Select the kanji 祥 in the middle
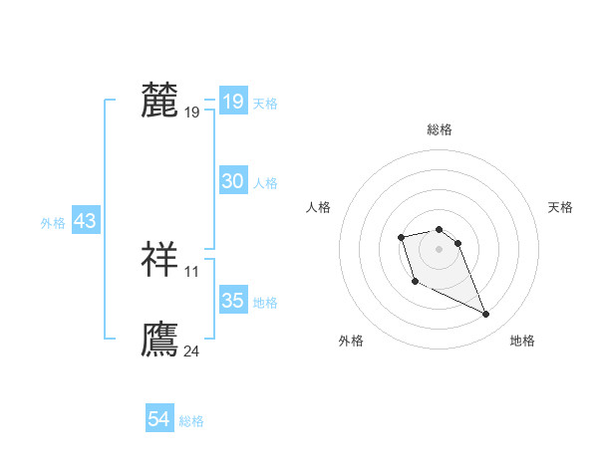159,259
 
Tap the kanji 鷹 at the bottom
159,339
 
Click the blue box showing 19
233,102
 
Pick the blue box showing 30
233,181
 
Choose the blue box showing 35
233,301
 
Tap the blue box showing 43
85,221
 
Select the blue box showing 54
159,419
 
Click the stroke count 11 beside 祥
192,271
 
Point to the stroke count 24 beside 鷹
192,351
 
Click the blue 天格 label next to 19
265,103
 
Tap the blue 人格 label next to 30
265,182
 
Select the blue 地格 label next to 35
265,302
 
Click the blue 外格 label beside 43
53,223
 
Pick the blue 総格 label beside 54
191,421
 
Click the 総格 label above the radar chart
440,129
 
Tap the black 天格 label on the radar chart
560,207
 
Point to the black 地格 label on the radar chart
522,341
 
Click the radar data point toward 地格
486,315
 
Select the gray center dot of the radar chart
440,248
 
